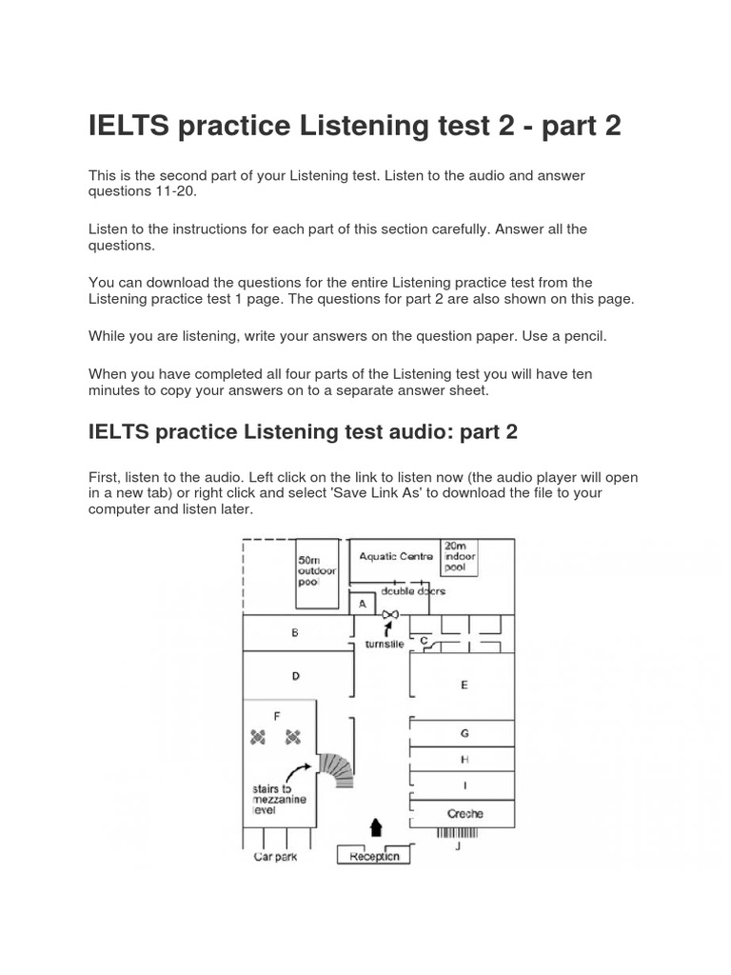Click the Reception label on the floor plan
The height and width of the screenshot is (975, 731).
(374, 856)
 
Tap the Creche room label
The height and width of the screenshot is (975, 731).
(464, 813)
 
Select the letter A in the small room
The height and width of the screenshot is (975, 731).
(362, 604)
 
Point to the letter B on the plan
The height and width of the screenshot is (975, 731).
(295, 631)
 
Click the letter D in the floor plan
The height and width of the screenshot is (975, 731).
(295, 676)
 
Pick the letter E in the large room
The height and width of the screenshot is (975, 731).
(464, 684)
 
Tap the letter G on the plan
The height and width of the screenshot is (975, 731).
(464, 733)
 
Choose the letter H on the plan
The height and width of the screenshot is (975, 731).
(464, 760)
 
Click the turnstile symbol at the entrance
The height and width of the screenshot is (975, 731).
(388, 616)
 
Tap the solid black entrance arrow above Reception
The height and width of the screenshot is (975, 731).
(376, 826)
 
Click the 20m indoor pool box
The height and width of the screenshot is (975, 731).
(459, 557)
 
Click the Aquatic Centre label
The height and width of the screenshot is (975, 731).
(395, 556)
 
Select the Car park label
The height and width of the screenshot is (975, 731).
(276, 856)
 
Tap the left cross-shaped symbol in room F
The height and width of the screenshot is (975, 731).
(257, 735)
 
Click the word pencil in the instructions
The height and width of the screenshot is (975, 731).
(582, 336)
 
